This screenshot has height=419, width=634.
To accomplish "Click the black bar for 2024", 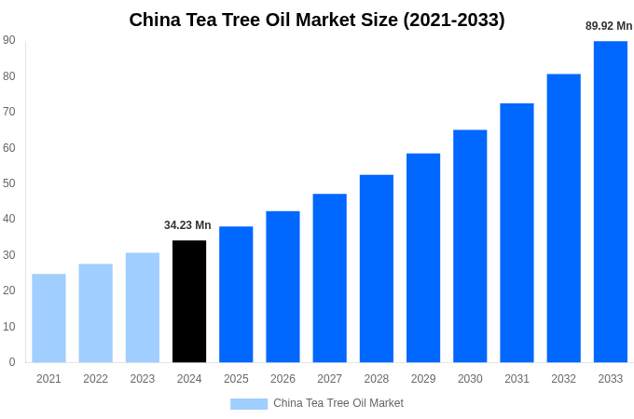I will click(189, 302).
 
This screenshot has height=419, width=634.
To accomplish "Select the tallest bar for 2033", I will click(610, 201).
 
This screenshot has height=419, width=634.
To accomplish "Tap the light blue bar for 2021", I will click(48, 318).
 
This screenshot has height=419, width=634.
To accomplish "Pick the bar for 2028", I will click(377, 268).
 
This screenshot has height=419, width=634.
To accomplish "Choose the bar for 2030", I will click(470, 246).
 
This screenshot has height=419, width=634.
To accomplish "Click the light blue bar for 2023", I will click(143, 307).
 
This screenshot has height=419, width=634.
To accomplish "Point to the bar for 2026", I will click(283, 287).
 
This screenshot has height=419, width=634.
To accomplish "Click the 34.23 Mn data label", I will click(187, 225).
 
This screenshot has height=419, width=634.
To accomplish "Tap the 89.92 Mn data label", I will click(609, 26).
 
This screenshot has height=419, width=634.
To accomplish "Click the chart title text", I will click(317, 20).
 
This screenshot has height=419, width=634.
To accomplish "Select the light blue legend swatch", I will click(249, 403).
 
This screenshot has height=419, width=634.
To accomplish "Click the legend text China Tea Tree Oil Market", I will click(338, 403).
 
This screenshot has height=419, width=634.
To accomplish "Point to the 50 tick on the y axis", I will click(9, 183).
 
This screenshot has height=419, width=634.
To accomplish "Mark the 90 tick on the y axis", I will click(9, 40).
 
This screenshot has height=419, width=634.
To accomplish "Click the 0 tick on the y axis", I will click(12, 362).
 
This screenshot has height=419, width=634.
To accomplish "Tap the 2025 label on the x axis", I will click(236, 379).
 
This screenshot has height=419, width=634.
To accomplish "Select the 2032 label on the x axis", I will click(563, 379).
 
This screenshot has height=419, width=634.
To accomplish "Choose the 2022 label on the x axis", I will click(95, 379).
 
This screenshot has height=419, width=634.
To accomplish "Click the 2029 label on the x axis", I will click(423, 379).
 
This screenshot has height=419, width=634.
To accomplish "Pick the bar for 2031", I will click(517, 233).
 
